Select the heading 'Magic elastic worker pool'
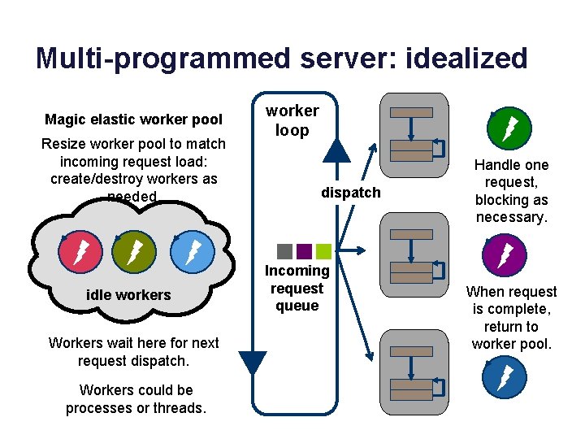pyautogui.click(x=133, y=120)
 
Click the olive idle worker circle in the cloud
pyautogui.click(x=132, y=253)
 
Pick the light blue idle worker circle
pyautogui.click(x=191, y=253)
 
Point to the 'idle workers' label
pyautogui.click(x=128, y=294)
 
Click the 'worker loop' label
pyautogui.click(x=292, y=120)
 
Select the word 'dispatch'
pyautogui.click(x=350, y=193)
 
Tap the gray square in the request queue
pyautogui.click(x=284, y=251)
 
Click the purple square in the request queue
pyautogui.click(x=304, y=251)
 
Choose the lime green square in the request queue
pyautogui.click(x=323, y=251)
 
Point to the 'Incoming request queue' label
pyautogui.click(x=297, y=288)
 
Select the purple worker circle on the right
pyautogui.click(x=505, y=254)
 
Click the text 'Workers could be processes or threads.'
pyautogui.click(x=136, y=398)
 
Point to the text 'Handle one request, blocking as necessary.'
pyautogui.click(x=511, y=191)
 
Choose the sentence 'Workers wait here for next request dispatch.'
pyautogui.click(x=134, y=351)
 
